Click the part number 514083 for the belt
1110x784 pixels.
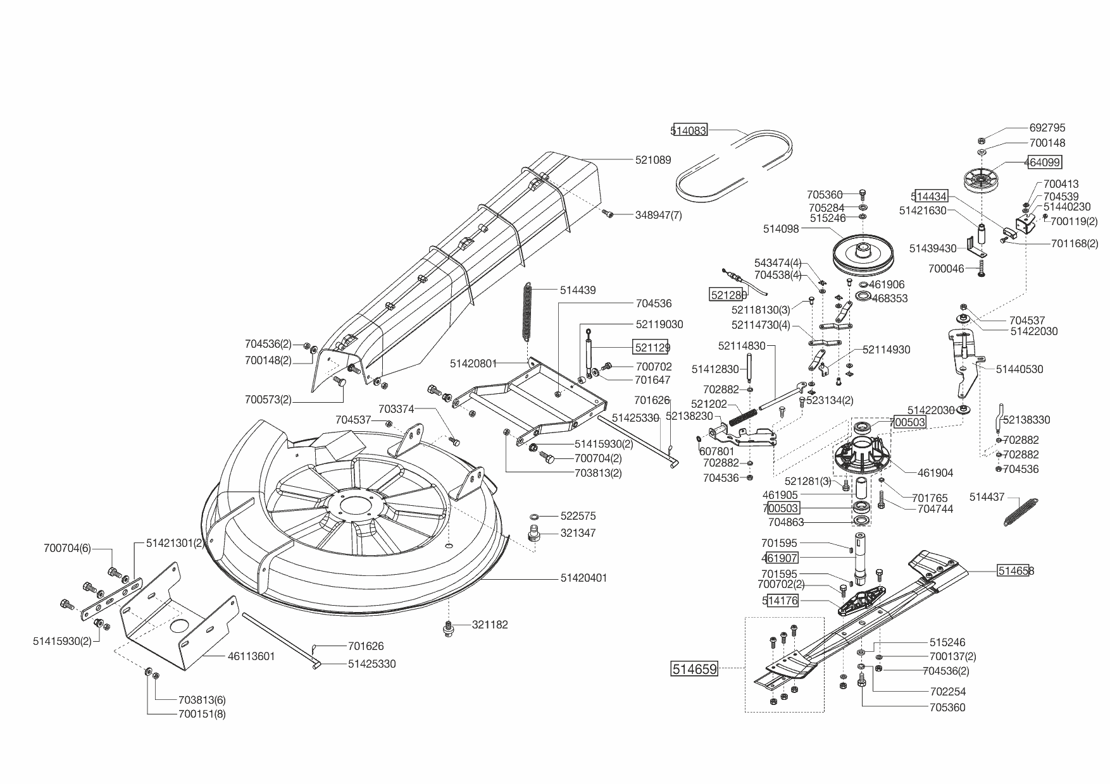click(689, 130)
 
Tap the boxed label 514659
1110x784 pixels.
click(695, 668)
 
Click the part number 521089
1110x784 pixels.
click(653, 160)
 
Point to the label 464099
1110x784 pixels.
click(1042, 162)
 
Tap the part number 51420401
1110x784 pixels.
click(583, 578)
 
